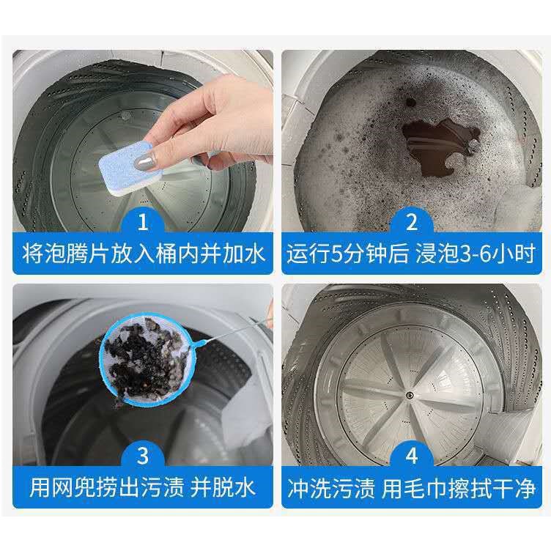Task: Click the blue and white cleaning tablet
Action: click(129, 168)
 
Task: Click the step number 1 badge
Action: click(142, 221)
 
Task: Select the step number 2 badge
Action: click(411, 221)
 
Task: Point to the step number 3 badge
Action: click(142, 455)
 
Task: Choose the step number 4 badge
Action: click(411, 455)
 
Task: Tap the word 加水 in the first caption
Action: click(243, 254)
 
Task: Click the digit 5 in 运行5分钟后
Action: click(336, 254)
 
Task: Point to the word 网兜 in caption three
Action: click(74, 487)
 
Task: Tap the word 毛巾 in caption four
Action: click(424, 487)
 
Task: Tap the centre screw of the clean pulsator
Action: click(409, 396)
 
